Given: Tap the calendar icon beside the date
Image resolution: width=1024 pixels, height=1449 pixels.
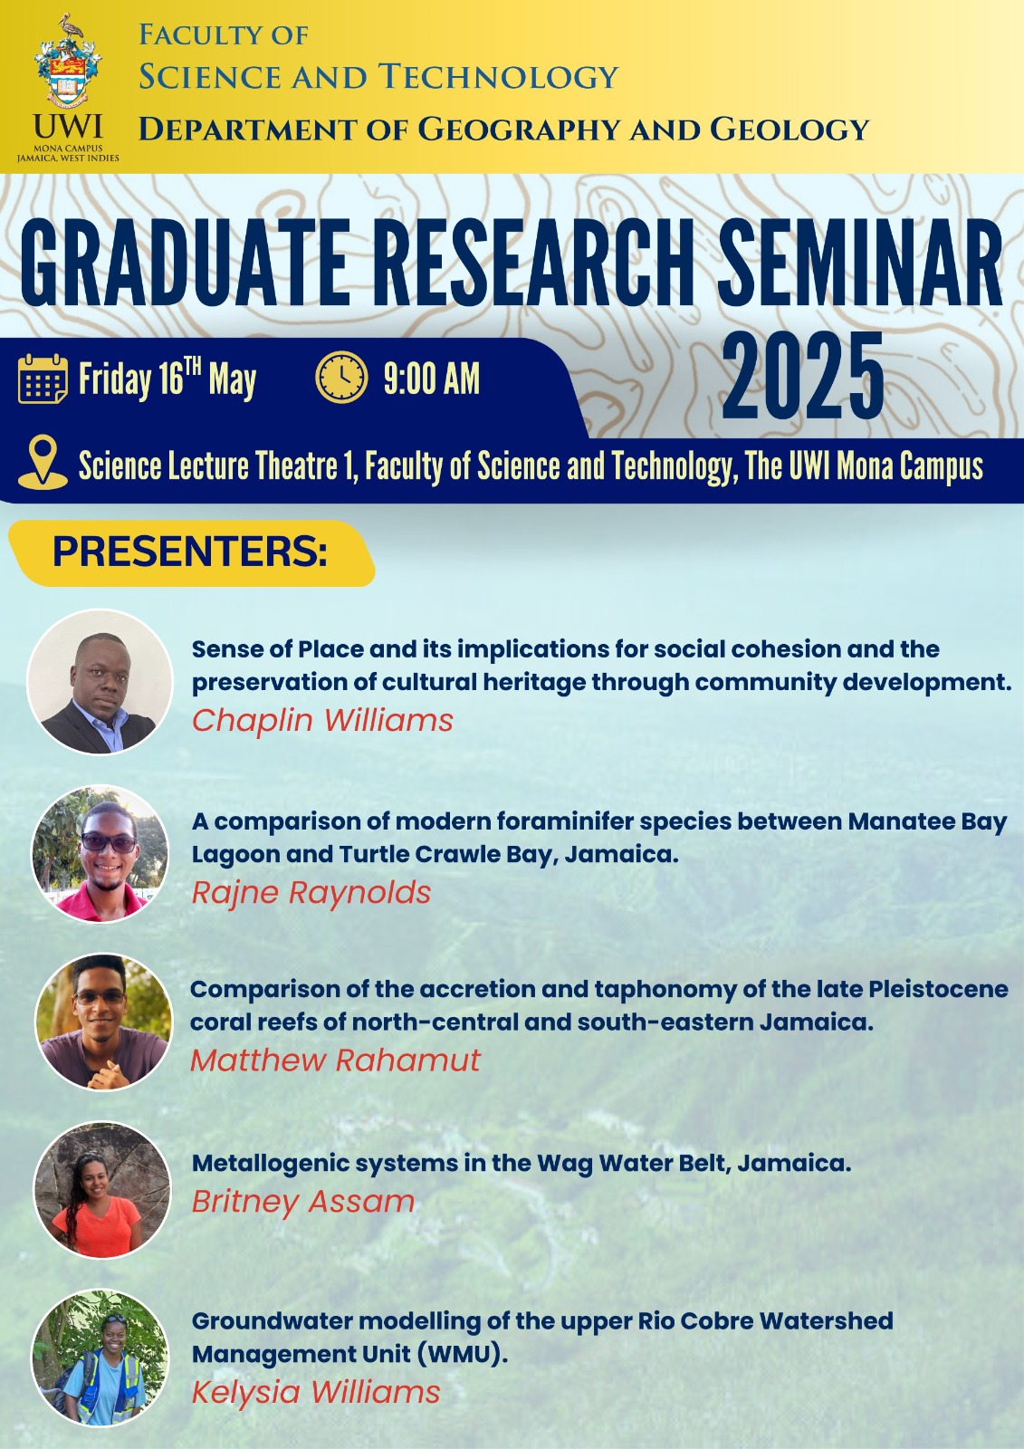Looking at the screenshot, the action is pos(43,379).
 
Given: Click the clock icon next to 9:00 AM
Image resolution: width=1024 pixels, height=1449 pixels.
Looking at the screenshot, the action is pos(341,377).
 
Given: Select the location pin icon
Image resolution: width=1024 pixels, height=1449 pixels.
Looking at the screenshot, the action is pos(43,462).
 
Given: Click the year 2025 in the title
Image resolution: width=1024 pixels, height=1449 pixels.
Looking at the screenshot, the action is pos(803,377).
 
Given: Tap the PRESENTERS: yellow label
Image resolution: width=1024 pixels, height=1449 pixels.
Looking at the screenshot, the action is pos(191,553).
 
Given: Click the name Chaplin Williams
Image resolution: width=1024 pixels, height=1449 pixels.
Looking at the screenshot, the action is pos(322,720).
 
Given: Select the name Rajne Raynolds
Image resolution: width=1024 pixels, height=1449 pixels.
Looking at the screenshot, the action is pos(311,893).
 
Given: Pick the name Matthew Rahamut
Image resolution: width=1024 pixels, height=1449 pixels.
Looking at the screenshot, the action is pos(335,1060).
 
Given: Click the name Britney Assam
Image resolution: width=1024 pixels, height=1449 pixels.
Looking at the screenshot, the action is pos(302,1203).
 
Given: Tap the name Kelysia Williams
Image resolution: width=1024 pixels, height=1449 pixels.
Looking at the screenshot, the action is pos(316,1392).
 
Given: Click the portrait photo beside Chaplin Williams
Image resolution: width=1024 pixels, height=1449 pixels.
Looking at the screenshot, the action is pos(100,682).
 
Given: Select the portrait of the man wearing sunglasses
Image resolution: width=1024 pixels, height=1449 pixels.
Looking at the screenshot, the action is pos(100,854).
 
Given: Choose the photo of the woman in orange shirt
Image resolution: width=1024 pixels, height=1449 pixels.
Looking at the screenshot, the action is pos(102,1190).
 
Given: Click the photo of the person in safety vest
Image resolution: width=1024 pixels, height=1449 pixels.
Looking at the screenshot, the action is pos(100,1359).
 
